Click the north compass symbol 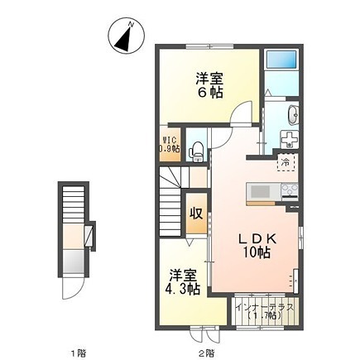tap(125, 37)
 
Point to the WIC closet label tap(169, 145)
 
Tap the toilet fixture tap(195, 150)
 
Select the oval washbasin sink tap(290, 115)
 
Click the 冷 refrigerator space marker tap(285, 163)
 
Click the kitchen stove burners tap(289, 191)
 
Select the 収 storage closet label tap(197, 212)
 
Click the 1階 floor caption tap(78, 351)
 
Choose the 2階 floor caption tap(209, 351)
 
